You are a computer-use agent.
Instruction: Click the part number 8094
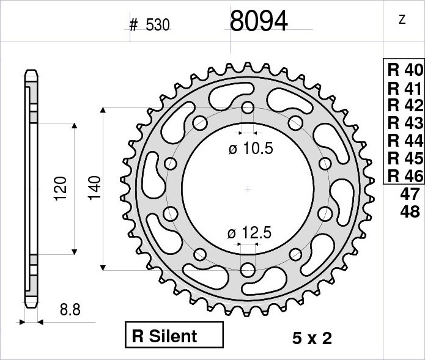click(259, 21)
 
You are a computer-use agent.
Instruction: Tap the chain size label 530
click(158, 25)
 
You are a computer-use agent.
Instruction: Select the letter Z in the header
click(402, 20)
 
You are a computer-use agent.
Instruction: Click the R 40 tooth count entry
click(405, 70)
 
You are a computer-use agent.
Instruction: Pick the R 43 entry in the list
click(405, 123)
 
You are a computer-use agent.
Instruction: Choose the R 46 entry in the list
click(405, 176)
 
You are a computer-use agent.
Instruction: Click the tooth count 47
click(410, 194)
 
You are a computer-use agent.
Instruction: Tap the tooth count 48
click(410, 211)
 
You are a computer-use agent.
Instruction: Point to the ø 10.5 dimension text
click(251, 149)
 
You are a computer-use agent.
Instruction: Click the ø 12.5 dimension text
click(249, 233)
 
